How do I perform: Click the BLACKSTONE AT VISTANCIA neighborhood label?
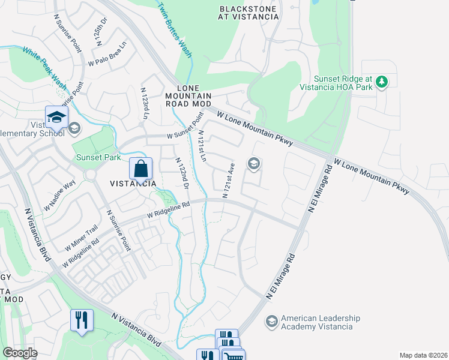[x=249, y=13]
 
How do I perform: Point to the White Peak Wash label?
[x=44, y=68]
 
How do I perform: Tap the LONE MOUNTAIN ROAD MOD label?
[x=188, y=95]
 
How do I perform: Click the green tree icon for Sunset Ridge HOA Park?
[x=382, y=83]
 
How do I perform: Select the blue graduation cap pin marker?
[x=56, y=116]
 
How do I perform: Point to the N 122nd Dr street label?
[x=182, y=174]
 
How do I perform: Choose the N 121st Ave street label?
[x=229, y=179]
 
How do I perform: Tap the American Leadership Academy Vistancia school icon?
[x=272, y=322]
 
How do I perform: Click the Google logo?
[x=20, y=353]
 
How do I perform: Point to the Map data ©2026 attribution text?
[x=423, y=355]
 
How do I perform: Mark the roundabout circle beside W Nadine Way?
[x=91, y=175]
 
